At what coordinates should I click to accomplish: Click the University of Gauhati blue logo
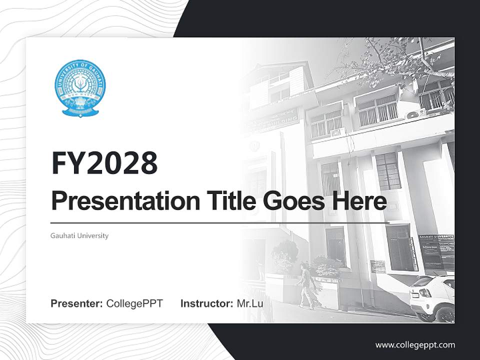79,88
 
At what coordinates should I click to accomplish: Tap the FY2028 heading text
104,163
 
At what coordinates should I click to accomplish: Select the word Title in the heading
225,201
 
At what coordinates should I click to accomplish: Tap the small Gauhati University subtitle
79,235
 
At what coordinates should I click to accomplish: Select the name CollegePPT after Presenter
134,303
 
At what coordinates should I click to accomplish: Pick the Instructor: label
206,303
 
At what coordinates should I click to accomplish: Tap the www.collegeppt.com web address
415,345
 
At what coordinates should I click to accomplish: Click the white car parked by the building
433,298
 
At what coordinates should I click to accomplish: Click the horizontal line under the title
220,222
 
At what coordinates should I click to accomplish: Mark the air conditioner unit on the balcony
415,114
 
